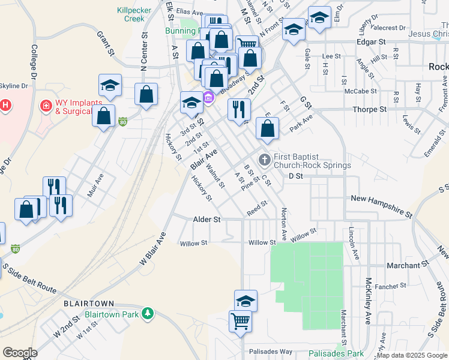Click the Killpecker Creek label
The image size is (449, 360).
click(x=138, y=14)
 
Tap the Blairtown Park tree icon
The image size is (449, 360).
click(x=146, y=313)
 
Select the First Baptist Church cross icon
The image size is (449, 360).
click(x=264, y=160)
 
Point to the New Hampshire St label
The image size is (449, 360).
click(x=382, y=205)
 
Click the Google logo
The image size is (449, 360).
click(x=19, y=352)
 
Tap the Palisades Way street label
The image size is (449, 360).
click(x=270, y=351)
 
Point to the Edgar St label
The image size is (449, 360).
click(x=370, y=42)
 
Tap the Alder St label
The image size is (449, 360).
click(x=206, y=220)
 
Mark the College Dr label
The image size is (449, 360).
click(x=34, y=61)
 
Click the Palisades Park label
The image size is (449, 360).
click(x=336, y=353)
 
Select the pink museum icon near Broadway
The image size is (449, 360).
click(x=208, y=97)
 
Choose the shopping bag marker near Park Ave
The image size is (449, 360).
click(x=267, y=127)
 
